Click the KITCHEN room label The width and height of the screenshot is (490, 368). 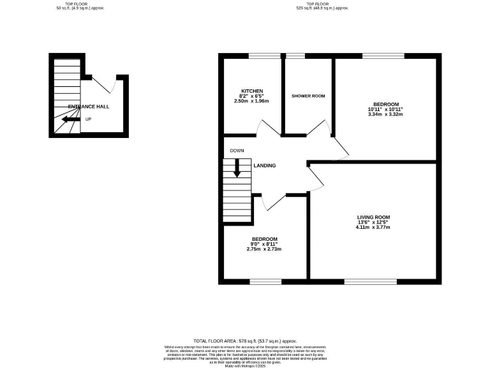pyautogui.click(x=251, y=91)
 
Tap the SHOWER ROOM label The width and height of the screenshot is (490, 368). pyautogui.click(x=308, y=96)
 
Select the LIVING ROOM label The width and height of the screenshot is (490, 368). pyautogui.click(x=373, y=218)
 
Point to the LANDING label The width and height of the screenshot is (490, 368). pyautogui.click(x=265, y=165)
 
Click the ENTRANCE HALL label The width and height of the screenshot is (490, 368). pyautogui.click(x=89, y=106)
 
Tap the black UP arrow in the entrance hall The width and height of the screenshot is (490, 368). pyautogui.click(x=70, y=119)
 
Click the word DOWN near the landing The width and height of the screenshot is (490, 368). pyautogui.click(x=237, y=151)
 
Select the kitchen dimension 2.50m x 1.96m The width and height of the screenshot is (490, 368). pyautogui.click(x=251, y=101)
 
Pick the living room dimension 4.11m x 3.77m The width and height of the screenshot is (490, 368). pyautogui.click(x=373, y=228)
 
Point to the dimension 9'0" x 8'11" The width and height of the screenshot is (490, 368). pyautogui.click(x=264, y=243)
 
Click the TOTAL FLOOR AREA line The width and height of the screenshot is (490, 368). pyautogui.click(x=245, y=342)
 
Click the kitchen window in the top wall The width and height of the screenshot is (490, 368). pyautogui.click(x=260, y=56)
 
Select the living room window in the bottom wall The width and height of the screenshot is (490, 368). pyautogui.click(x=370, y=281)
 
